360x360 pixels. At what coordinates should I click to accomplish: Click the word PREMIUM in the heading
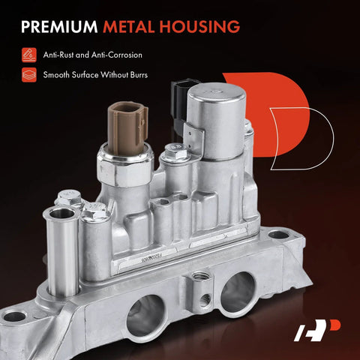click(59, 26)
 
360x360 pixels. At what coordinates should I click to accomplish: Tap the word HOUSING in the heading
click(199, 26)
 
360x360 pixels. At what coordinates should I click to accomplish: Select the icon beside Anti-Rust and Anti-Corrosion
click(29, 55)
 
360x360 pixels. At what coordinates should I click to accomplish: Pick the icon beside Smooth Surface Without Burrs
click(29, 75)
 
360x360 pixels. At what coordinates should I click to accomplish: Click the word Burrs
click(139, 75)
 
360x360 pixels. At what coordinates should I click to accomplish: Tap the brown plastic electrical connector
click(128, 128)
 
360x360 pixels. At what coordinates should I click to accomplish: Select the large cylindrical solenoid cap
click(217, 120)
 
